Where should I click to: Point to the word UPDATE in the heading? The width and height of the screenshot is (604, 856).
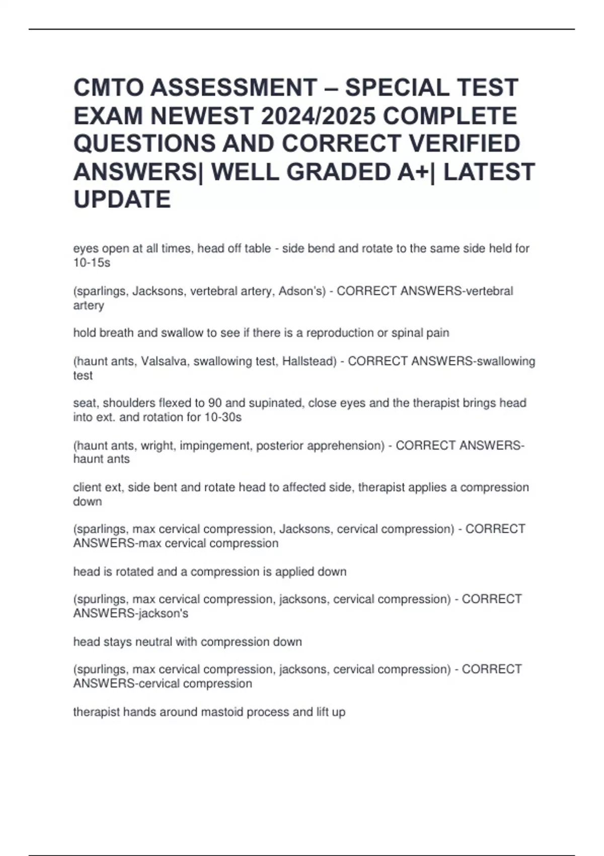click(x=122, y=199)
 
